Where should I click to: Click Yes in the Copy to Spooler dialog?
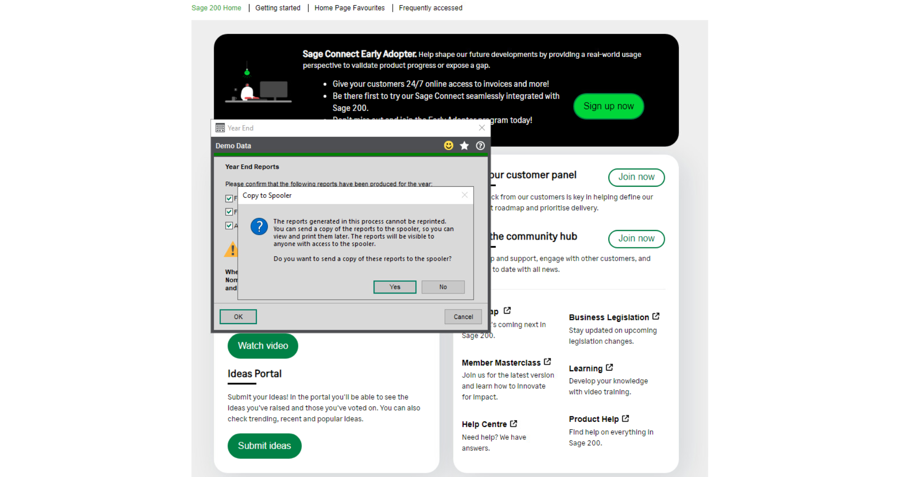tap(395, 287)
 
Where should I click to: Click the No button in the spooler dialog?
tap(443, 287)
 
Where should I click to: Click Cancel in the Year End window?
tap(463, 317)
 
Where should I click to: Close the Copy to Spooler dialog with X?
tap(464, 195)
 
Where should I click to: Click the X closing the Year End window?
tap(482, 128)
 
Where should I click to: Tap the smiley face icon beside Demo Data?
tap(449, 146)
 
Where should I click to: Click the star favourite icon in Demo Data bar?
tap(464, 146)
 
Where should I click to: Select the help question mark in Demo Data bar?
tap(480, 146)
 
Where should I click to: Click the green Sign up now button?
tap(608, 106)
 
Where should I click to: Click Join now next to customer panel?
tap(636, 177)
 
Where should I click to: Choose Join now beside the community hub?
tap(636, 239)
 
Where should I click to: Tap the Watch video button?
tap(263, 346)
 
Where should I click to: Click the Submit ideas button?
tap(264, 446)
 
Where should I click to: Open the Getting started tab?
tap(278, 8)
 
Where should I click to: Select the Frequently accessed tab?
tap(430, 8)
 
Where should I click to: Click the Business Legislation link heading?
tap(609, 318)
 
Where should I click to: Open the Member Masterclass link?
tap(501, 363)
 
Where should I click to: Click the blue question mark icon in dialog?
tap(259, 227)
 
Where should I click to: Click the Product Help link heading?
tap(594, 419)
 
